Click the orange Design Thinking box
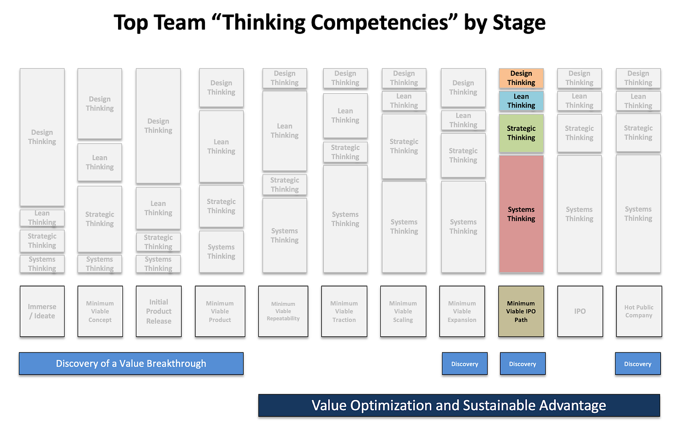coord(521,78)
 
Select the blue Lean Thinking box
coord(521,101)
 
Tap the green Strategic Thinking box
coord(521,133)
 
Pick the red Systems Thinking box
coord(521,214)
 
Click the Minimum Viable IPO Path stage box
coord(521,311)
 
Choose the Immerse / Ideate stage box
coord(42,311)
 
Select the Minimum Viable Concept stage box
coord(100,311)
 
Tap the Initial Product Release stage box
coord(159,311)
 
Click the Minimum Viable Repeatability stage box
coord(283,311)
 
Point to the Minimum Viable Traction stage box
coord(344,311)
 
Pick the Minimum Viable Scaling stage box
coord(403,311)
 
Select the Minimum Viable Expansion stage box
coord(462,311)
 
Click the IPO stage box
coord(580,311)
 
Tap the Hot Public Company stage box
coord(639,311)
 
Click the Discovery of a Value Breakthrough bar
coord(131,364)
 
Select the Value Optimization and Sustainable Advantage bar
coord(459,405)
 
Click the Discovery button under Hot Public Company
coord(638,364)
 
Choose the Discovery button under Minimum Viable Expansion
coord(465,364)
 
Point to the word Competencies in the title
coord(379,23)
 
